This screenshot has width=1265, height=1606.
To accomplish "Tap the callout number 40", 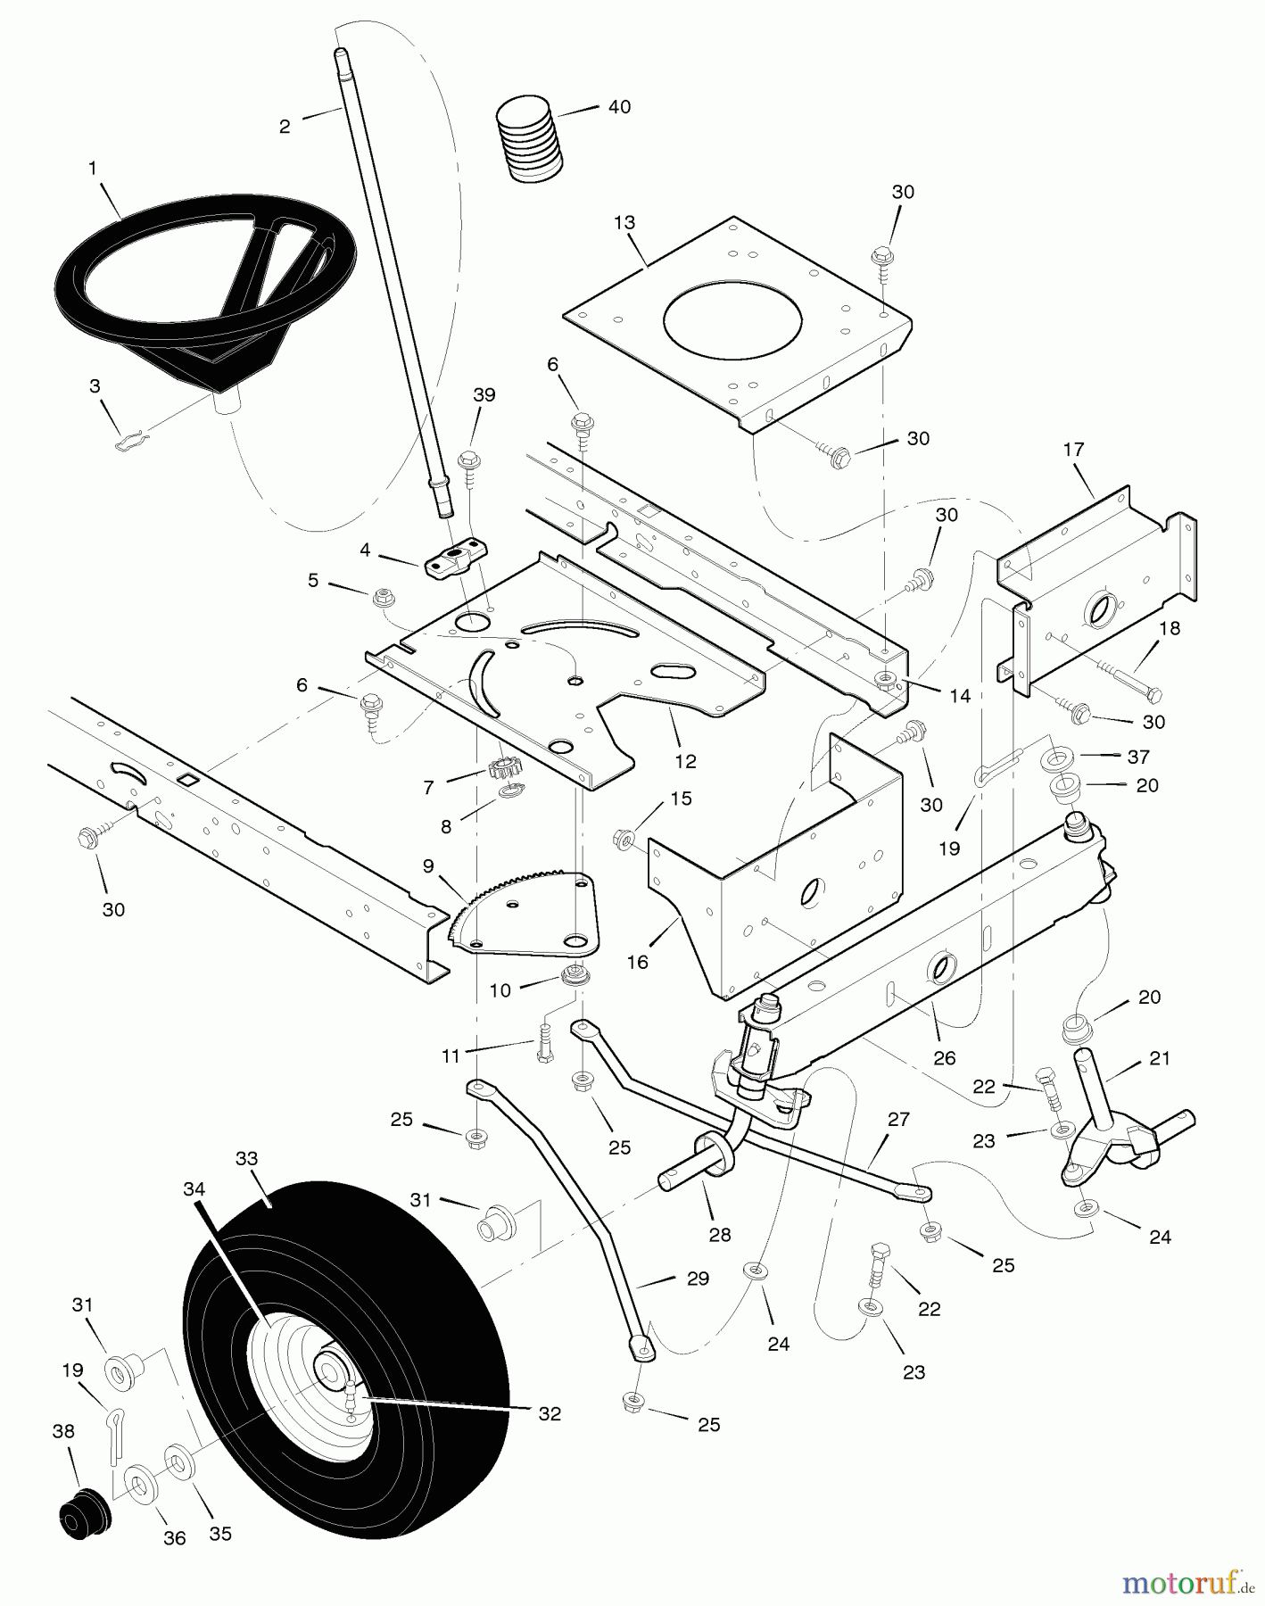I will [x=618, y=107].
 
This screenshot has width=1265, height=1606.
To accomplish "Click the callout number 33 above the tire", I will [x=246, y=1159].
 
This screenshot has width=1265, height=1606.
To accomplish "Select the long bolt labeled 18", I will [x=1123, y=683].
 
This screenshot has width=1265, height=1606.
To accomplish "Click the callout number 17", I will [x=1073, y=450].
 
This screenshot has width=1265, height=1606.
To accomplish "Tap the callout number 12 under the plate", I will [x=685, y=761].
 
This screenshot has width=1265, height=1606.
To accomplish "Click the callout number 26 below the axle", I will [x=944, y=1057].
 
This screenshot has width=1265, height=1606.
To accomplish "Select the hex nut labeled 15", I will [x=624, y=839].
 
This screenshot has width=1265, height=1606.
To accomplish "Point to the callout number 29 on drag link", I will [x=698, y=1279].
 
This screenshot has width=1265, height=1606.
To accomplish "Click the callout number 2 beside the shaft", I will [x=285, y=127].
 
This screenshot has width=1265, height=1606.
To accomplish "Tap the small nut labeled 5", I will [x=377, y=592].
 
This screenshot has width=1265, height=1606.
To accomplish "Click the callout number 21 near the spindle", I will [x=1159, y=1058].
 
